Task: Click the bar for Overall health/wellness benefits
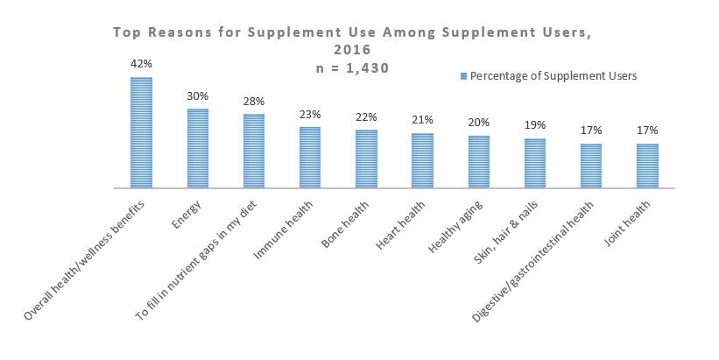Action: pos(141,132)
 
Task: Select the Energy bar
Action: pos(197,148)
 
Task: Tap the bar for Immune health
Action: pos(310,158)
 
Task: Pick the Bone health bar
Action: pos(366,159)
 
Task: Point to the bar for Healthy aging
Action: pos(479,162)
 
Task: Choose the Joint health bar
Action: pos(648,166)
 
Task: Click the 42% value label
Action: pos(141,64)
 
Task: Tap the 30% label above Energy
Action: pos(197,96)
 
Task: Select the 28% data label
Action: pos(254,102)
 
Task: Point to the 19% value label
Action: pos(535,125)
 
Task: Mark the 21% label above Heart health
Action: pos(423,121)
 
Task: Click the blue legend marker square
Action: pos(463,76)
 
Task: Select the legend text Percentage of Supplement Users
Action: pos(553,76)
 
